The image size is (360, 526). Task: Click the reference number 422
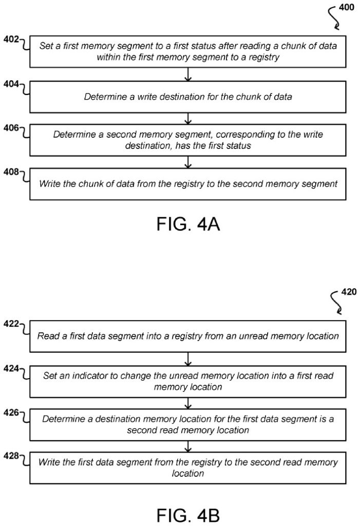tap(10, 324)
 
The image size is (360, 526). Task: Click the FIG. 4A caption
tap(188, 224)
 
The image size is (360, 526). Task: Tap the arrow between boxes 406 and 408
tap(188, 162)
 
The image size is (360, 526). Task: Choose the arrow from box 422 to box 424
tap(188, 358)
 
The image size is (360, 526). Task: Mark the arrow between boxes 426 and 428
tap(188, 446)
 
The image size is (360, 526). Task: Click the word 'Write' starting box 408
tap(49, 183)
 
